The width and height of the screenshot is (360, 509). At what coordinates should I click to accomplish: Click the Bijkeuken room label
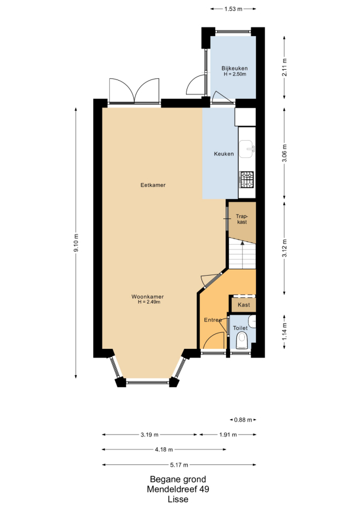[235, 68]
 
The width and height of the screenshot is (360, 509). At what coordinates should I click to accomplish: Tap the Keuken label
[224, 154]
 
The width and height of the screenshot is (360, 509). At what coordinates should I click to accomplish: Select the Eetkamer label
[153, 185]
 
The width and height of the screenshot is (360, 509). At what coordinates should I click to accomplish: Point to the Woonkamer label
[148, 297]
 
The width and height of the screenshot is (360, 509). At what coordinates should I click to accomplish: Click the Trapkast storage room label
[242, 219]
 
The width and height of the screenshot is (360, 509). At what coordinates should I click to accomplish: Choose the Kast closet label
[244, 305]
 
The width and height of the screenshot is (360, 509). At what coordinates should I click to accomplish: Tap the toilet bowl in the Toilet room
[242, 340]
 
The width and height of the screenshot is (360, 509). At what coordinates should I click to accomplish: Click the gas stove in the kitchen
[247, 180]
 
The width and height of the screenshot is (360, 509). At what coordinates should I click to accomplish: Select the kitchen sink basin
[247, 149]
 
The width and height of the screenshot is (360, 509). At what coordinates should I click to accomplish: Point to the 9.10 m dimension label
[76, 243]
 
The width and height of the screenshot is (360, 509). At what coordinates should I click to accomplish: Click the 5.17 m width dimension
[179, 465]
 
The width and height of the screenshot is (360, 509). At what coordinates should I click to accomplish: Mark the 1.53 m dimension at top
[234, 9]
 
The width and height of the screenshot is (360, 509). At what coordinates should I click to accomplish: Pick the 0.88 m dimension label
[243, 420]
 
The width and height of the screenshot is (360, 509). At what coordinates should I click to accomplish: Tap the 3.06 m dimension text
[284, 153]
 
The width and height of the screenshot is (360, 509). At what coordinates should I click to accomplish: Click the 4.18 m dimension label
[164, 450]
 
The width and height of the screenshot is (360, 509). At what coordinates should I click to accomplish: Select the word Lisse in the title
[178, 499]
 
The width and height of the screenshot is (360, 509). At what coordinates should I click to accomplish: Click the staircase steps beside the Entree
[242, 253]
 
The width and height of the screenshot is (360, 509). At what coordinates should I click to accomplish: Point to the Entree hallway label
[213, 320]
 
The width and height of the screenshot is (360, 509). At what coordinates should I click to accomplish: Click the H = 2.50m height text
[235, 74]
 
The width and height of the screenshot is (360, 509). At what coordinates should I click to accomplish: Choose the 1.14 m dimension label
[284, 332]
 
